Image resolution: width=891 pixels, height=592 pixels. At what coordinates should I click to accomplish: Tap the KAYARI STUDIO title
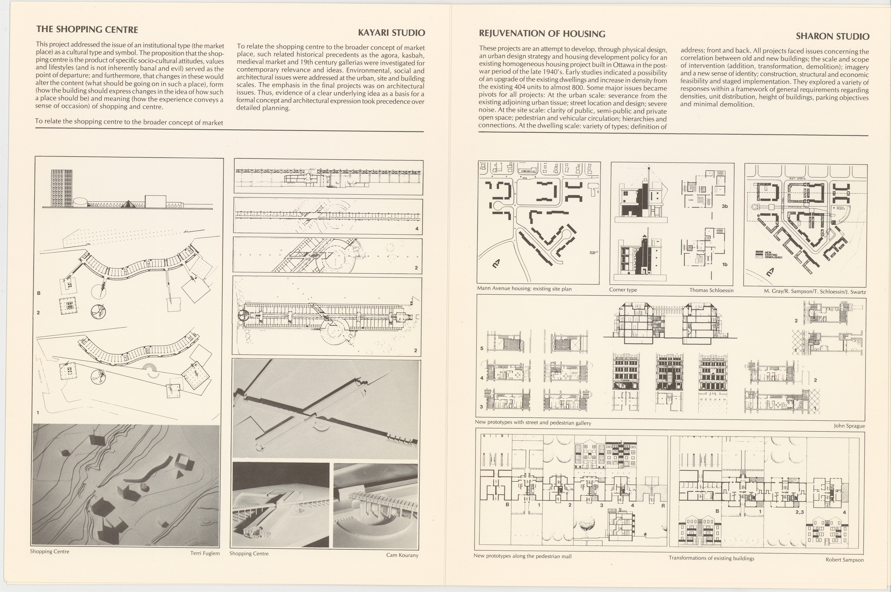[x=391, y=33]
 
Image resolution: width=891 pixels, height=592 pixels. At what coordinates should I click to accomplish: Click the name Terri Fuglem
[x=205, y=553]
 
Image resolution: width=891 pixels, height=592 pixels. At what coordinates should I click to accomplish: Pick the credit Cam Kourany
[x=402, y=555]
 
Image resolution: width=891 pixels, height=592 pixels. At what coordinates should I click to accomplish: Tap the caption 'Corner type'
[x=623, y=290]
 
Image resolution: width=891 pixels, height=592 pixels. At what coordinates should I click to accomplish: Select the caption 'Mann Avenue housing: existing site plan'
[x=524, y=289]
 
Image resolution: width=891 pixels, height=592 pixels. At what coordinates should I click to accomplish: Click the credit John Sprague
[x=849, y=426]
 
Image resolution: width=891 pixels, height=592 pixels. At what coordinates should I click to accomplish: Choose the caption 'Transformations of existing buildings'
[x=711, y=558]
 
